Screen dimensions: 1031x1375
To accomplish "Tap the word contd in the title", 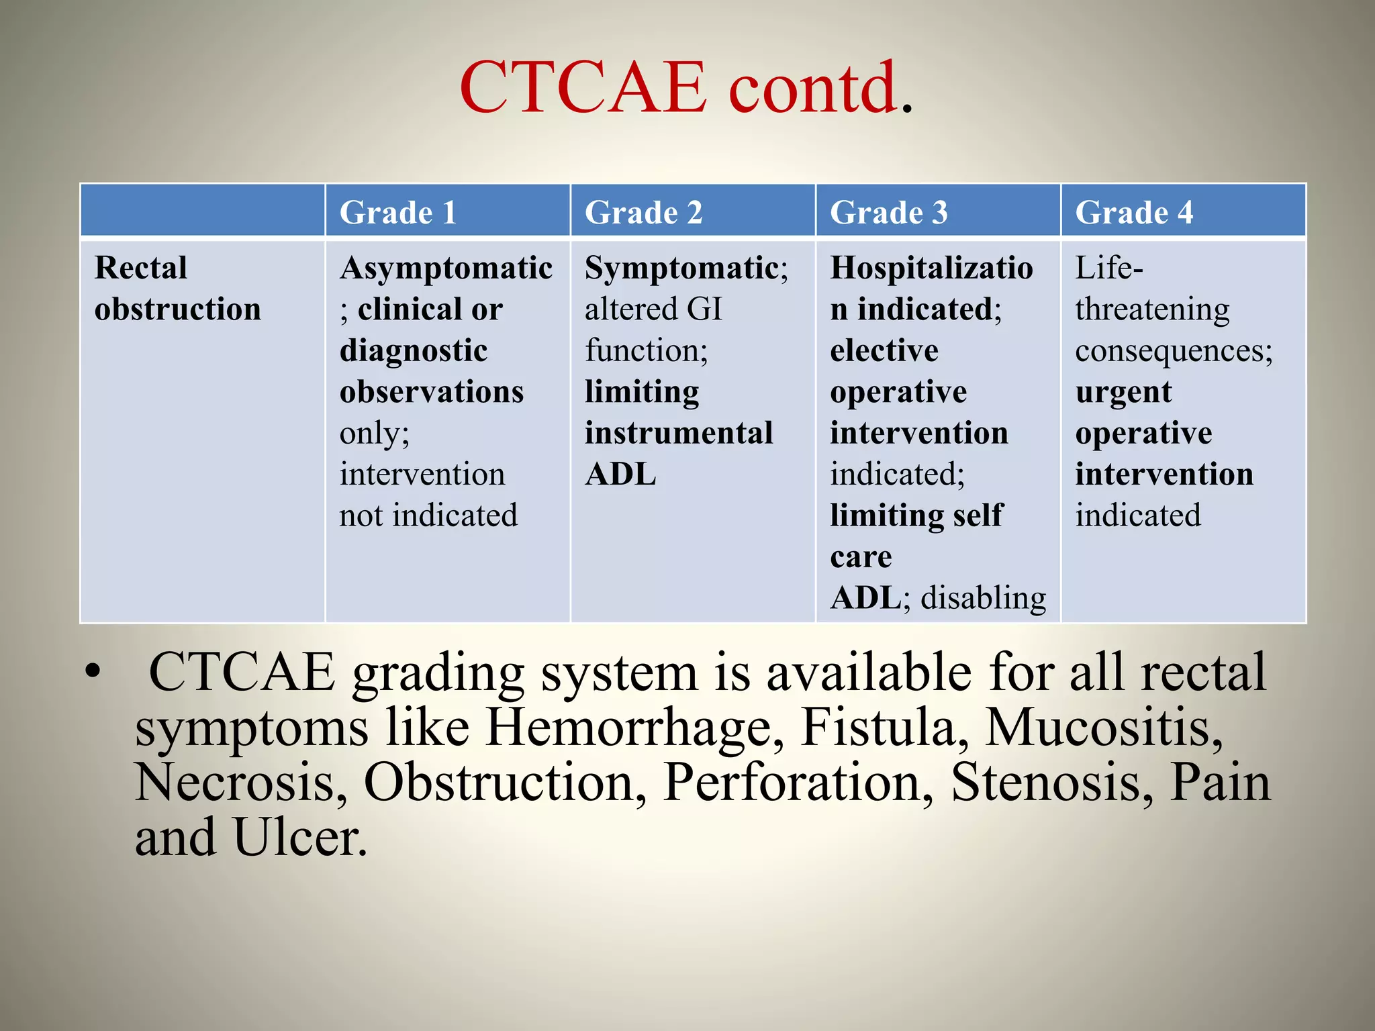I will coord(813,87).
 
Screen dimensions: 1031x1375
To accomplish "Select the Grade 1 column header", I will coord(397,213).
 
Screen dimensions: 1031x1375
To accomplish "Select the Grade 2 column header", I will coord(643,213).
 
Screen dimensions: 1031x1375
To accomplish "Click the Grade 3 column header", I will coord(888,213).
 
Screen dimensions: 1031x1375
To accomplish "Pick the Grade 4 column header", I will coord(1134,213).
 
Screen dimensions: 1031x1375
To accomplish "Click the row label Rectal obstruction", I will coord(177,289).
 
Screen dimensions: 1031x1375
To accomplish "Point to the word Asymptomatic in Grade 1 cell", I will coord(446,268).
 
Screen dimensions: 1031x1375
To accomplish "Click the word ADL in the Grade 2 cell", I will coord(620,475).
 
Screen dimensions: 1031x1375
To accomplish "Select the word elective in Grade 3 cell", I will coord(884,350).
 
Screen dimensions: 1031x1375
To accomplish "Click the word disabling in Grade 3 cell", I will coord(983,598).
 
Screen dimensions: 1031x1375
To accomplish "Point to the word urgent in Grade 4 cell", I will coord(1123,392).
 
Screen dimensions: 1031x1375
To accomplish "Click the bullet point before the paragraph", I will coord(93,671).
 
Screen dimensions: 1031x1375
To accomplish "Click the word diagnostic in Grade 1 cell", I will coord(413,350).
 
